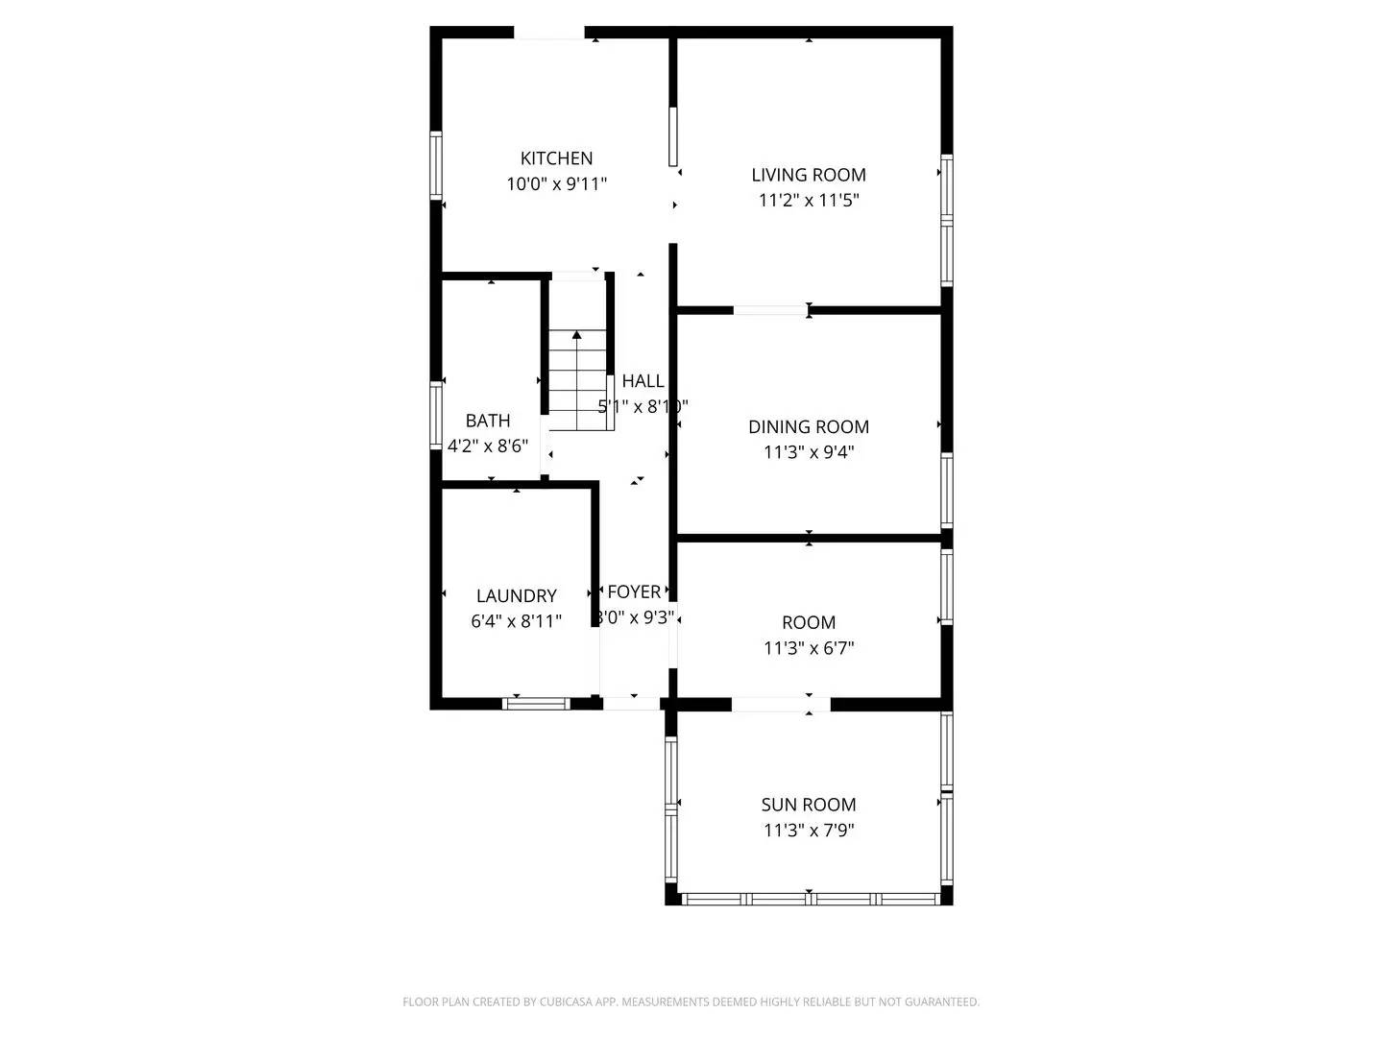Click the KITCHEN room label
[x=556, y=158]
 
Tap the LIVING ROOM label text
[x=809, y=175]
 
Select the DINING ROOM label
[x=809, y=427]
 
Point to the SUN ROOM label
[x=809, y=805]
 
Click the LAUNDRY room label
[x=517, y=596]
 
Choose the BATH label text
[x=488, y=421]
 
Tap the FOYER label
[x=634, y=592]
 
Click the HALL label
[x=643, y=381]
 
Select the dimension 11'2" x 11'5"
[x=809, y=201]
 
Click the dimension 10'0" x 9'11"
[x=556, y=184]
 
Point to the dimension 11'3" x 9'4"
[x=809, y=452]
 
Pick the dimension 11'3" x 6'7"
[x=809, y=648]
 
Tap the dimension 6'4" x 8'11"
[x=517, y=621]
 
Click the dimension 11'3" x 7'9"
[x=809, y=831]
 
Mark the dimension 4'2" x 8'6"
[x=488, y=446]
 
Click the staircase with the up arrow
[x=577, y=379]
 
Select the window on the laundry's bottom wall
[x=536, y=704]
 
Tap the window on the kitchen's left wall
[x=436, y=165]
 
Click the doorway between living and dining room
[x=770, y=310]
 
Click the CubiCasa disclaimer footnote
[x=691, y=1002]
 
